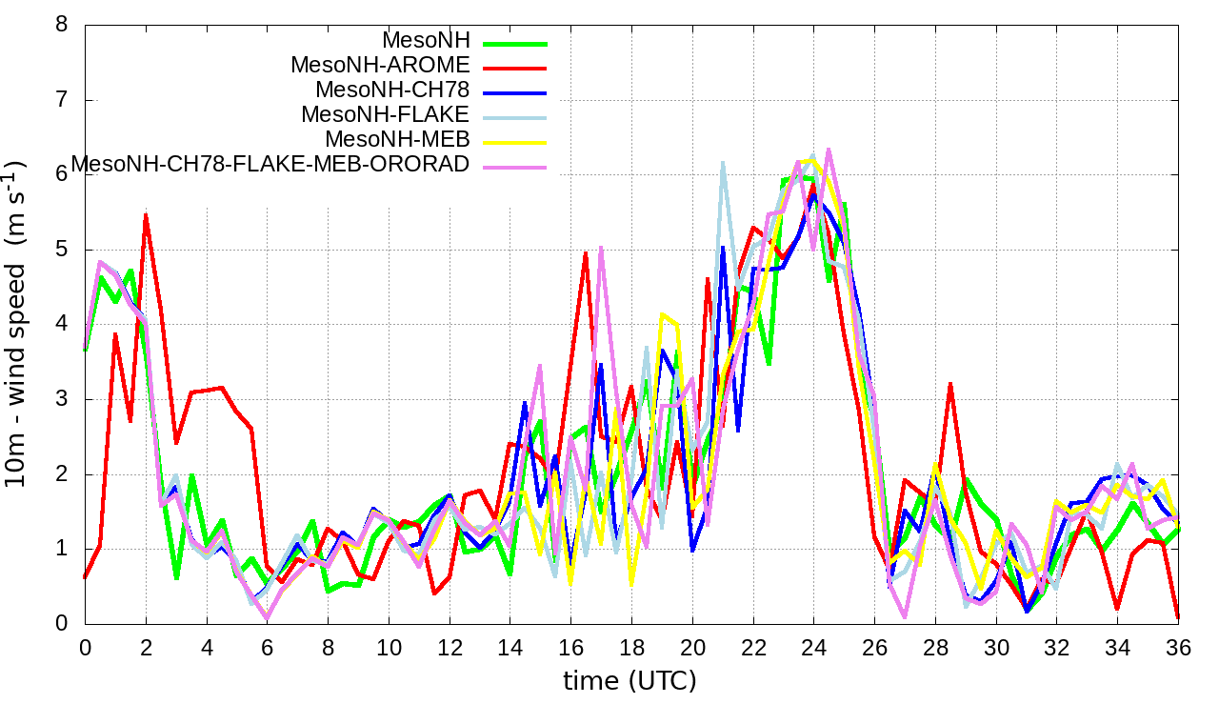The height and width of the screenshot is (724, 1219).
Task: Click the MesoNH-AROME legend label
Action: (x=380, y=66)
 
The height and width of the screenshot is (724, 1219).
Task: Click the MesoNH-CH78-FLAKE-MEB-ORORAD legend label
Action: (x=271, y=164)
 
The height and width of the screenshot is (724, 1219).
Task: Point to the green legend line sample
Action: (x=515, y=43)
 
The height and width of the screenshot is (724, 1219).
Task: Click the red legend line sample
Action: (x=515, y=68)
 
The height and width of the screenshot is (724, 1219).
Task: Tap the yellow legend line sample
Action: (x=515, y=142)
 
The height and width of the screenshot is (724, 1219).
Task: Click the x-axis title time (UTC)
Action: (x=629, y=681)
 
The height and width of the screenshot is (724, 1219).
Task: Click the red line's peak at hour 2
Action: (x=146, y=215)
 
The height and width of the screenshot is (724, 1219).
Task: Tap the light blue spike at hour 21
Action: (x=723, y=163)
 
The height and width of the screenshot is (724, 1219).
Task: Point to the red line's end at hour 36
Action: (x=1178, y=617)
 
